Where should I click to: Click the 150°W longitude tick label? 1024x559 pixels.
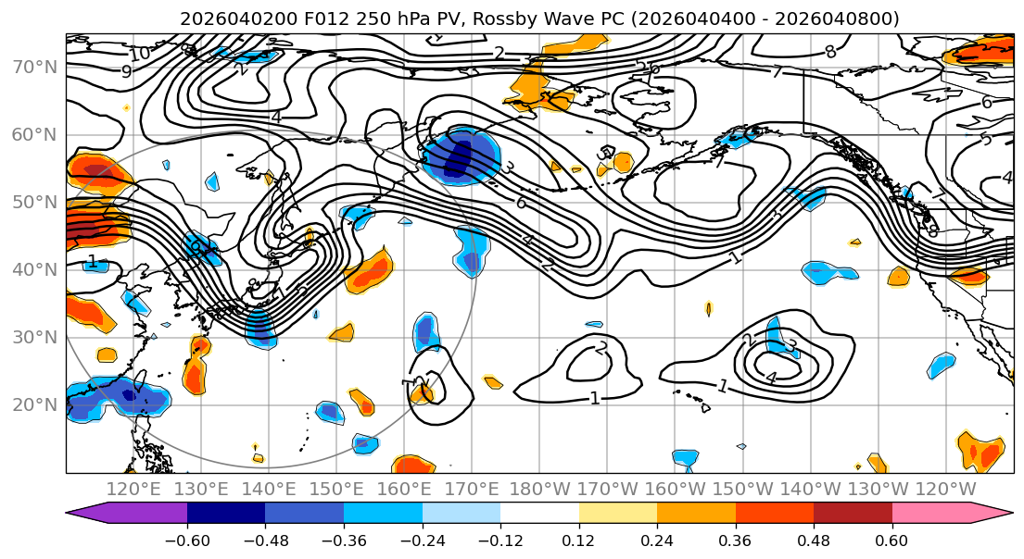pos(744,489)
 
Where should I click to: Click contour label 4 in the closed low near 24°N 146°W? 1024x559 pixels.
pos(771,378)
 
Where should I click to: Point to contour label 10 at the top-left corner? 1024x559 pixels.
pos(139,55)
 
